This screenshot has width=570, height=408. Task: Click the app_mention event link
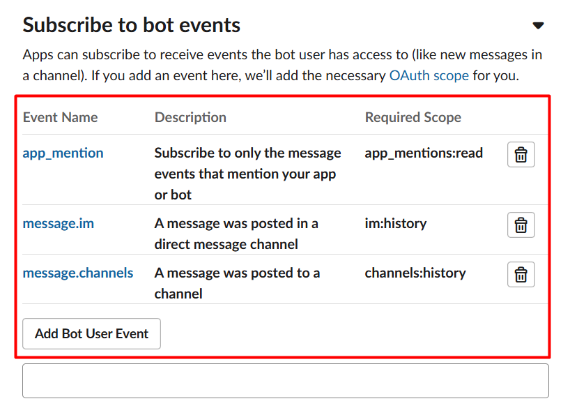[63, 153]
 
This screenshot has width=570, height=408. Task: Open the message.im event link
[58, 223]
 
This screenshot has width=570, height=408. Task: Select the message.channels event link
[78, 273]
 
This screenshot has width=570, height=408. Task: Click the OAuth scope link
[429, 76]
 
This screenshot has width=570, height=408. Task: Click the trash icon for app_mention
[521, 155]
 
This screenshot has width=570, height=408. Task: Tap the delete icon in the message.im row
[521, 225]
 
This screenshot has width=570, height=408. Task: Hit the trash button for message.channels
[521, 274]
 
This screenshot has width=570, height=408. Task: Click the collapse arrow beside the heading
[538, 26]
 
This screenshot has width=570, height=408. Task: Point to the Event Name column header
[61, 118]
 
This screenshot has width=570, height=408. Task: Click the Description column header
[190, 118]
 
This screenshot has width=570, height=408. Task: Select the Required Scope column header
[413, 118]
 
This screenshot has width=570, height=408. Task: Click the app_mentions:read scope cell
[424, 153]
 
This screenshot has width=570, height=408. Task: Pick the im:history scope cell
[396, 223]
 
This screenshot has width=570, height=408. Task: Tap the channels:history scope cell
[415, 273]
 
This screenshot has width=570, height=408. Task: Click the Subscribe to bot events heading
[131, 26]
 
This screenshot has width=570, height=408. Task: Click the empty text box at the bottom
[286, 381]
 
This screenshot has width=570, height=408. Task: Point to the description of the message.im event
[236, 234]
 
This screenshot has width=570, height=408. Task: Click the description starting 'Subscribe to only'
[247, 174]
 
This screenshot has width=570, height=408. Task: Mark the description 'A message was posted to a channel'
[237, 283]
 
